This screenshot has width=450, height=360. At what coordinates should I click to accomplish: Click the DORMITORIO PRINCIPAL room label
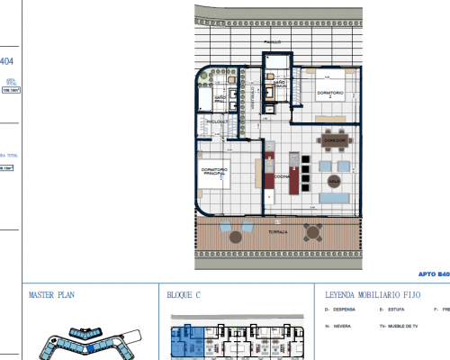pos(215,174)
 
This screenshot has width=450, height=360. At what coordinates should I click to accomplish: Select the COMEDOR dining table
pos(335,140)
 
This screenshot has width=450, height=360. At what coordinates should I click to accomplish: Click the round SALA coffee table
pos(332,181)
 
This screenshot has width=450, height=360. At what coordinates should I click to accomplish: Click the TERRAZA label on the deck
pos(277,231)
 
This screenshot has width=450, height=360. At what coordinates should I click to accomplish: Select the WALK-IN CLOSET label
pos(216,120)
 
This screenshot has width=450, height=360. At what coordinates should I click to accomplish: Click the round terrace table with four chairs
pos(312,231)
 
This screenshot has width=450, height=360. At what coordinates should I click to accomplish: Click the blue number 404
pos(7,61)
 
